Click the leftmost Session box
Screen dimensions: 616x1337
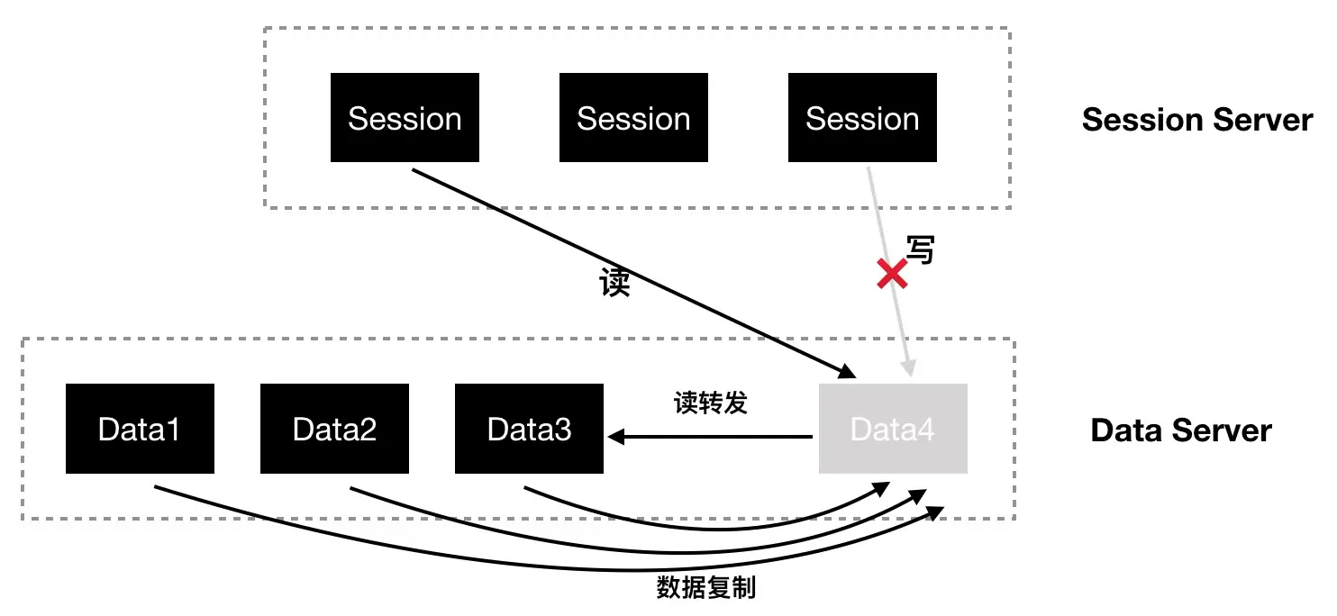[405, 118]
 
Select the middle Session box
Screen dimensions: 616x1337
[633, 118]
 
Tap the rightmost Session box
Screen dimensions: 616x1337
[862, 118]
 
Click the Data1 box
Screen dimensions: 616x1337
[140, 429]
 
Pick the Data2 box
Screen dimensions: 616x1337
[334, 429]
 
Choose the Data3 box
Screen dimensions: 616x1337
[529, 429]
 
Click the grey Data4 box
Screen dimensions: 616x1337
[892, 429]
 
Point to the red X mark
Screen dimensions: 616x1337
[892, 274]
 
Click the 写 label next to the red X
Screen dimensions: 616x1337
[919, 250]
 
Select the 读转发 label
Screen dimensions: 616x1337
[711, 403]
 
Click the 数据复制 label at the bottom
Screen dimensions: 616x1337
[705, 588]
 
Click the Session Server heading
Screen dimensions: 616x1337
[1196, 119]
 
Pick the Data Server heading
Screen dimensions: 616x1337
[1180, 430]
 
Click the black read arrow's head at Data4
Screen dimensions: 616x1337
[848, 371]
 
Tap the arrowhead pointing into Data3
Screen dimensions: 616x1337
[615, 437]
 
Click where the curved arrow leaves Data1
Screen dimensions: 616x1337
[157, 487]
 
